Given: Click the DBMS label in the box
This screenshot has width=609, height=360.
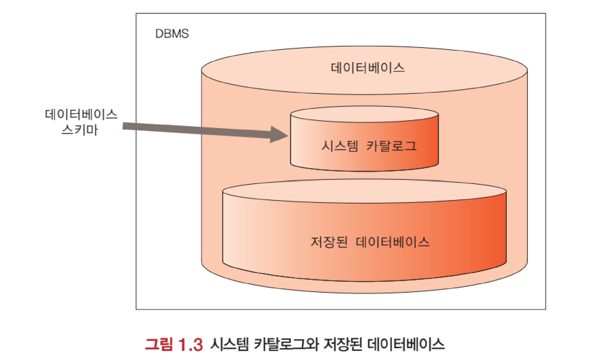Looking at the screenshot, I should (x=172, y=34).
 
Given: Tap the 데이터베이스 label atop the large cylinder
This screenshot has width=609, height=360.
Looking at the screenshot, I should (x=368, y=68).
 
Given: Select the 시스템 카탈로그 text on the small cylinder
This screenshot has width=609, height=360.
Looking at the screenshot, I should (x=369, y=146).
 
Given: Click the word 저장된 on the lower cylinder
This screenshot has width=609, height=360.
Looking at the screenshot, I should (x=329, y=242).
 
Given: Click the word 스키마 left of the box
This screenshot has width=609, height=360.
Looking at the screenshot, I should (x=80, y=130).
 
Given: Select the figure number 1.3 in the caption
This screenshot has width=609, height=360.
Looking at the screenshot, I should (x=191, y=344).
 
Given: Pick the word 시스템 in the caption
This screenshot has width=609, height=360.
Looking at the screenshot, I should (x=230, y=344).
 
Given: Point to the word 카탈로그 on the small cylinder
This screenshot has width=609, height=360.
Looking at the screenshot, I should (x=391, y=146).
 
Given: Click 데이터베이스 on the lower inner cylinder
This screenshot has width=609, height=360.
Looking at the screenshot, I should (x=393, y=242).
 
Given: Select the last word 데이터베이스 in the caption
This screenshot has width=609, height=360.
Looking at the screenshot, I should (x=406, y=344).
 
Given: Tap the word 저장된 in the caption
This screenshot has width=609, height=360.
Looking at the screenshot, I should (x=343, y=344).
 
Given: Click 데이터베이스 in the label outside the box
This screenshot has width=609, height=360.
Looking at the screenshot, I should (x=81, y=114).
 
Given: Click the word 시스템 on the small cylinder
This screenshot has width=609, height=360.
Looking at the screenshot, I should (x=340, y=146).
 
